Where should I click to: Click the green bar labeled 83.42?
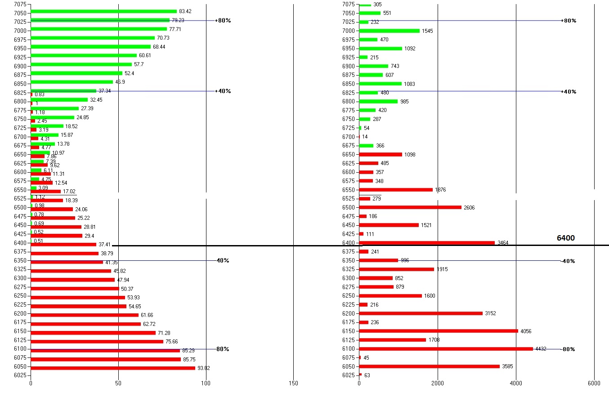click(103, 12)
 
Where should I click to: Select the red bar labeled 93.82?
click(112, 368)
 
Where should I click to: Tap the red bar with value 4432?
click(445, 348)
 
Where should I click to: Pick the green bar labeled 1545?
click(389, 31)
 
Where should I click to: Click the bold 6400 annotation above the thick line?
click(566, 238)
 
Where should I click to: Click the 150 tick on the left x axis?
click(293, 383)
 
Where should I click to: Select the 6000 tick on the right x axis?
click(594, 383)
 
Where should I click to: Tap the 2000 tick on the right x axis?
click(438, 383)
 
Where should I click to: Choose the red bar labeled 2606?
click(410, 207)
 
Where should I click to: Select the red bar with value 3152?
click(421, 313)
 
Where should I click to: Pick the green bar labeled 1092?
click(381, 48)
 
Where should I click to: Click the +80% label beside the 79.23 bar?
click(223, 21)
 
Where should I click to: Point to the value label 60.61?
click(145, 55)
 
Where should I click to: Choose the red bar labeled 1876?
click(396, 190)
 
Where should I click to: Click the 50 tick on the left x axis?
click(118, 383)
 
